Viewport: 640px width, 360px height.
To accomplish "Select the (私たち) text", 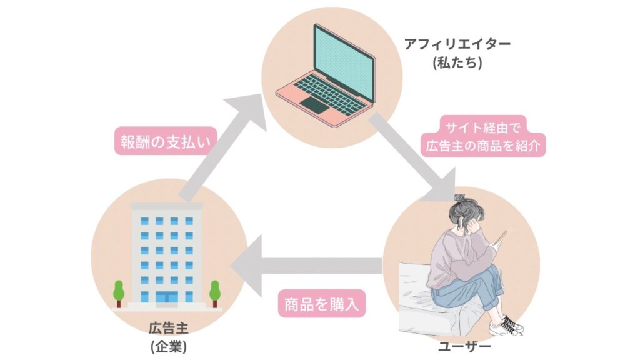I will pyautogui.click(x=457, y=63).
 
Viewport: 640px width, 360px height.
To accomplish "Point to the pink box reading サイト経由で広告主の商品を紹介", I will pyautogui.click(x=485, y=137).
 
